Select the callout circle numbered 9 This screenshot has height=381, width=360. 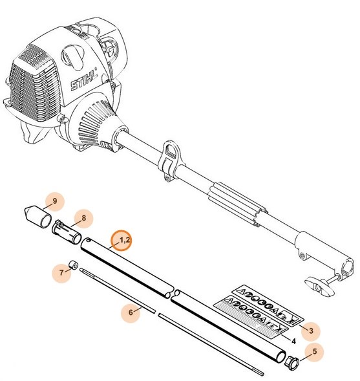(x=54, y=202)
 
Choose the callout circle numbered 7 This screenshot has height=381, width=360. (x=63, y=272)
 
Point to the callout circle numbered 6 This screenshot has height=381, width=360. (x=132, y=312)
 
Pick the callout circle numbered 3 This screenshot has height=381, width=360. (x=311, y=331)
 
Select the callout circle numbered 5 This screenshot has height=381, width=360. (x=315, y=353)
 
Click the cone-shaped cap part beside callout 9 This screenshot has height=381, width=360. (x=39, y=215)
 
